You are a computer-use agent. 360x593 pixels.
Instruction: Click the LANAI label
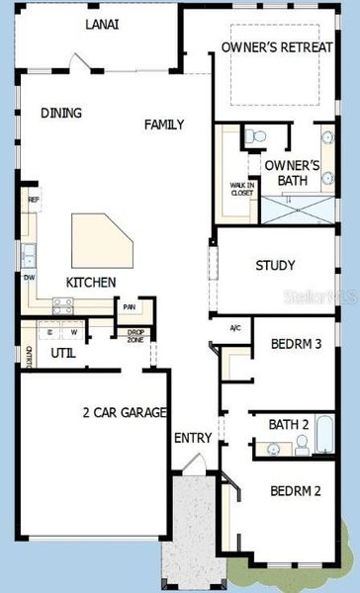102,24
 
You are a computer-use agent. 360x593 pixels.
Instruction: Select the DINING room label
61,113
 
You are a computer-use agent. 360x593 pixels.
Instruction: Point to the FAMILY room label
164,125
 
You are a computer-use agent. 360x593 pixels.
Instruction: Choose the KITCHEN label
91,283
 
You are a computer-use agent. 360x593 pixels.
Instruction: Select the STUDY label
275,265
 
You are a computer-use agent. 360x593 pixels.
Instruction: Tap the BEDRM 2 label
296,491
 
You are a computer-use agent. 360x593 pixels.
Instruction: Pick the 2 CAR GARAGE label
124,412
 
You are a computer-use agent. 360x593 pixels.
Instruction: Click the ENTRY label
192,438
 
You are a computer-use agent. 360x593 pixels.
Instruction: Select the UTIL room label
63,351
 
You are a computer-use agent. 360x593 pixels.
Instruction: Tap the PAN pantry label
130,307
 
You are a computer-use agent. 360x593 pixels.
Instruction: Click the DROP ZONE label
135,335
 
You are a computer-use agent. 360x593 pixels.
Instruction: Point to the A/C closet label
235,328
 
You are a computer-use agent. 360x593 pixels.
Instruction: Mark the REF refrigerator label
33,200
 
